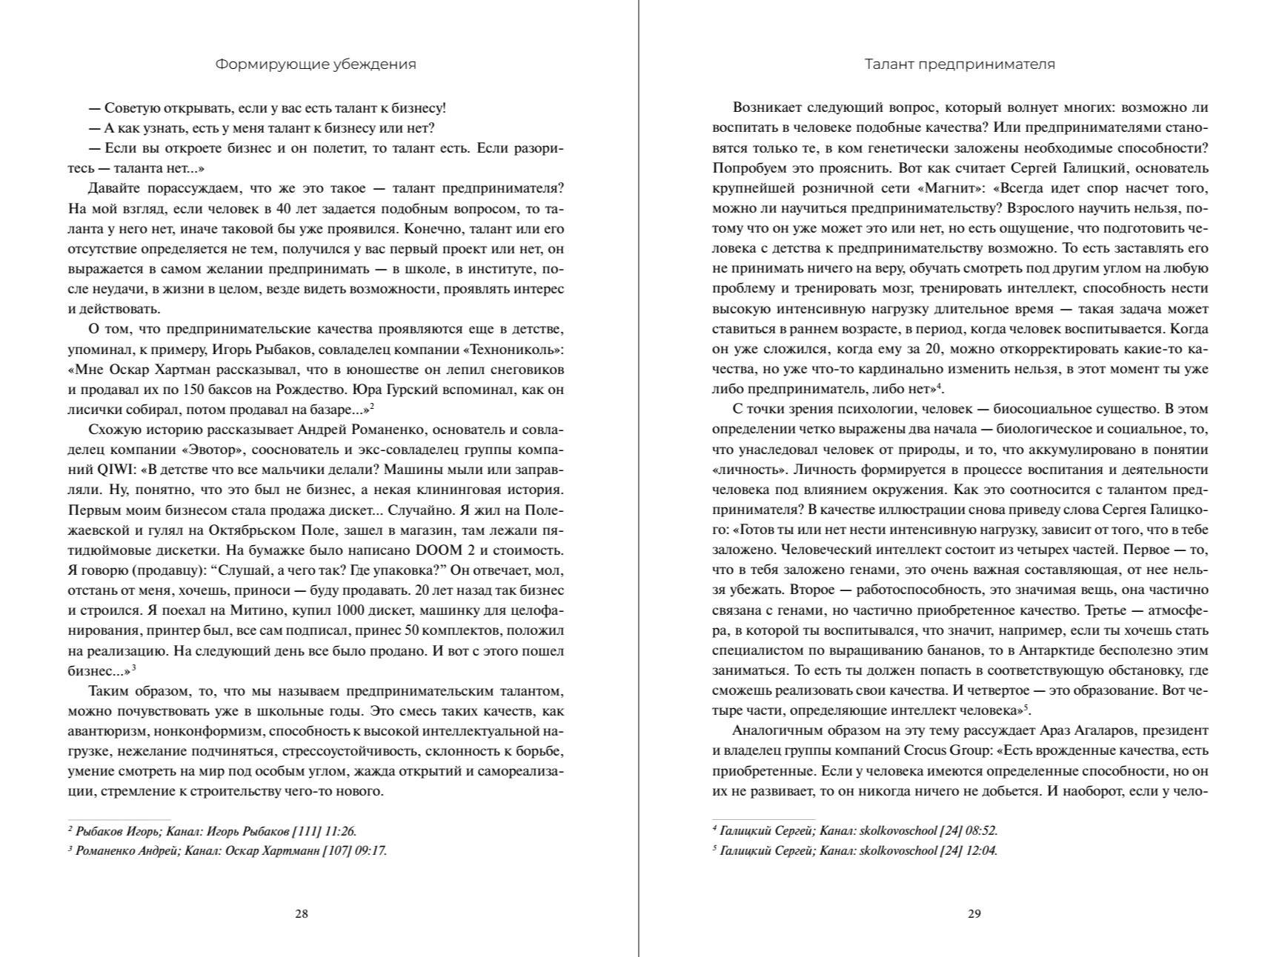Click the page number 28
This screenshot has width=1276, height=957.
tap(302, 913)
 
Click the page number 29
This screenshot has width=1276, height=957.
tap(974, 913)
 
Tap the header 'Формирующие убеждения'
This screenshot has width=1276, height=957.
tap(316, 64)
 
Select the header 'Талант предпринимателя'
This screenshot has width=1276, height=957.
tap(960, 64)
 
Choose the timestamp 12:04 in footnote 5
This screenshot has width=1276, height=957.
tap(981, 850)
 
